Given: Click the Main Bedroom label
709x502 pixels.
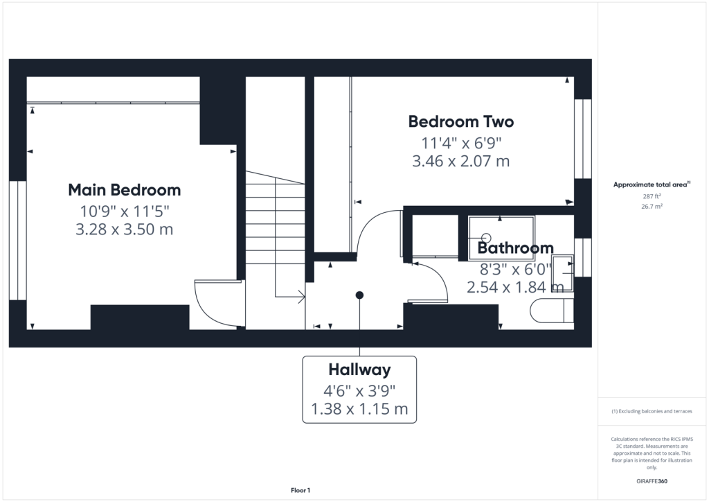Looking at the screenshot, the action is [x=125, y=190].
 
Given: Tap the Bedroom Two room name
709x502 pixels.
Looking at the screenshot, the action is [x=460, y=122].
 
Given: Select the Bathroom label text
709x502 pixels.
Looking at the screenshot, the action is [x=515, y=248].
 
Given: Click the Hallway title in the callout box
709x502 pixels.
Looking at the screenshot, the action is [x=359, y=370].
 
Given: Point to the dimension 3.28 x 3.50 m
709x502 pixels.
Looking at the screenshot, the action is [x=125, y=230].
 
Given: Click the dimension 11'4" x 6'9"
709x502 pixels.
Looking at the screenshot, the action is [x=461, y=144].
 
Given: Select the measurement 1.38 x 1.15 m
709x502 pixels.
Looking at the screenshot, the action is [x=359, y=409].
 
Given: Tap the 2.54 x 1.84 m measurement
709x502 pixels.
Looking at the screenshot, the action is [x=515, y=288].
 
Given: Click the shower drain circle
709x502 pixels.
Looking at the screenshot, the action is [x=487, y=238].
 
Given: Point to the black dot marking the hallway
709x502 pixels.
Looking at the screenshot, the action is [x=359, y=295].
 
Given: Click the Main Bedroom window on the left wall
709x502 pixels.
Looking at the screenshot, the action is [x=17, y=241].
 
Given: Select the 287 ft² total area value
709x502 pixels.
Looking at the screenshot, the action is [x=652, y=196].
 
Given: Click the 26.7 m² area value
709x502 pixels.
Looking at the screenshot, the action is [x=652, y=207].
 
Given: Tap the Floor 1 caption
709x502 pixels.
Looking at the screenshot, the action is [x=300, y=490].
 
